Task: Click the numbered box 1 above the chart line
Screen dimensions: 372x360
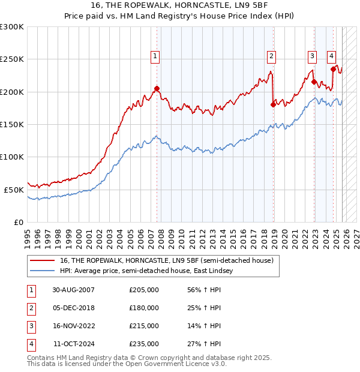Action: [155, 56]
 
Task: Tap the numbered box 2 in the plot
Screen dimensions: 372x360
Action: [271, 56]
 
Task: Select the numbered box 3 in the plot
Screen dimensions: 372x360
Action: [313, 56]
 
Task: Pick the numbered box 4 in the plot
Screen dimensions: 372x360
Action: [331, 56]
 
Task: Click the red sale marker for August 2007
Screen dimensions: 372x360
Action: [157, 89]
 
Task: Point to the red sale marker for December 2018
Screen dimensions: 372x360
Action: [273, 104]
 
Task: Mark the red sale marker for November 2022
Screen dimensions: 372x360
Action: [314, 82]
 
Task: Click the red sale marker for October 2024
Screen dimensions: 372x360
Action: [333, 69]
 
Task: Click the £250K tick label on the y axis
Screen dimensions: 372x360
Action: [11, 59]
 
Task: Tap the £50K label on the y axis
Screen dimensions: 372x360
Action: [14, 190]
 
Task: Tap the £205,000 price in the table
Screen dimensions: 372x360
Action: [144, 290]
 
